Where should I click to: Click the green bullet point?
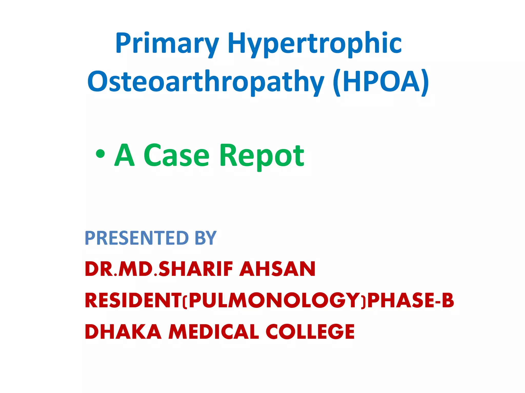pyautogui.click(x=100, y=154)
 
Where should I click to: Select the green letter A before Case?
pyautogui.click(x=125, y=155)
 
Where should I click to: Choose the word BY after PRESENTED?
pyautogui.click(x=206, y=238)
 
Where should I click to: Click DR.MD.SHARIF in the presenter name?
pyautogui.click(x=159, y=269)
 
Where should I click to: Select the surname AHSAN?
pyautogui.click(x=277, y=269)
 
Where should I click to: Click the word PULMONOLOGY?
pyautogui.click(x=274, y=300)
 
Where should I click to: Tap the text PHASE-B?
pyautogui.click(x=411, y=300)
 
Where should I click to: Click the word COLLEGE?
pyautogui.click(x=310, y=332)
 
